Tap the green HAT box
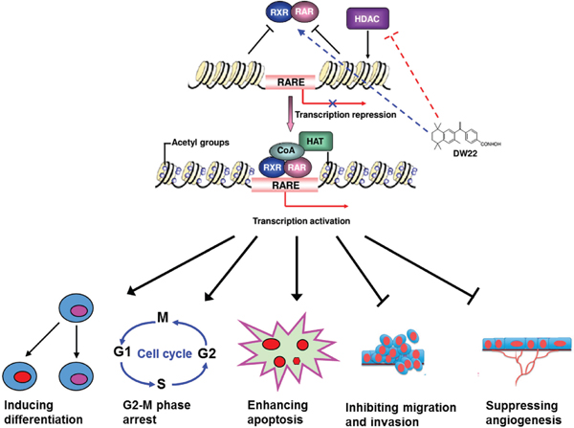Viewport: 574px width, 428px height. click(312, 142)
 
